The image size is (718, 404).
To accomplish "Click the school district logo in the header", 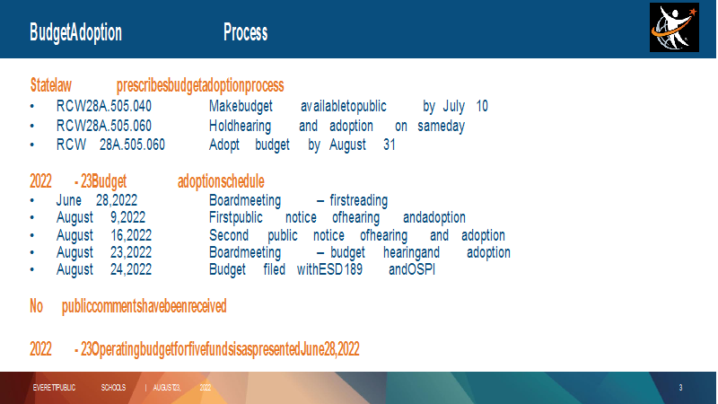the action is coord(674,28).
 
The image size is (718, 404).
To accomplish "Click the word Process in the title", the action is coord(245,32).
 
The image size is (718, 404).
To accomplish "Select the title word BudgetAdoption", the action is coord(76,33).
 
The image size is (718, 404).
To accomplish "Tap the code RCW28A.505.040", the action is coord(104,106).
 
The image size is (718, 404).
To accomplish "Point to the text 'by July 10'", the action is coord(455,106).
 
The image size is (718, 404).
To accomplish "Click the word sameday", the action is coord(441,126).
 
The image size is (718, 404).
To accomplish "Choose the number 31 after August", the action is coord(390,145).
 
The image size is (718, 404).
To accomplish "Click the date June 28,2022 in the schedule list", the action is coord(97,200).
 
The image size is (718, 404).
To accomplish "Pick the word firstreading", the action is coord(358,200).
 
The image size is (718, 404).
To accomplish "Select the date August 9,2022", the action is coord(101,217).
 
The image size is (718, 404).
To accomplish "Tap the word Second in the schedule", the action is coord(229,235).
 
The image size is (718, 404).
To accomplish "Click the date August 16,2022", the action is coord(104,235).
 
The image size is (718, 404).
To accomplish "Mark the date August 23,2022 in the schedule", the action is coord(104,252).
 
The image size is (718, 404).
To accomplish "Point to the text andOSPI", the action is coord(412,269).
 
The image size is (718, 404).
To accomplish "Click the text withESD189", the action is coord(329,269).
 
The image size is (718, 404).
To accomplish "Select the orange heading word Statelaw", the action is coord(51,85).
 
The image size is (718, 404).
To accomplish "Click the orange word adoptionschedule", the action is coord(221,181).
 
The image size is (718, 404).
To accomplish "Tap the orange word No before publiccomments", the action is coord(36,306).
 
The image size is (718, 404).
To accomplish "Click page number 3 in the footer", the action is coord(680,388).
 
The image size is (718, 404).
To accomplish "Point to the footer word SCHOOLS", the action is coord(113,388).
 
